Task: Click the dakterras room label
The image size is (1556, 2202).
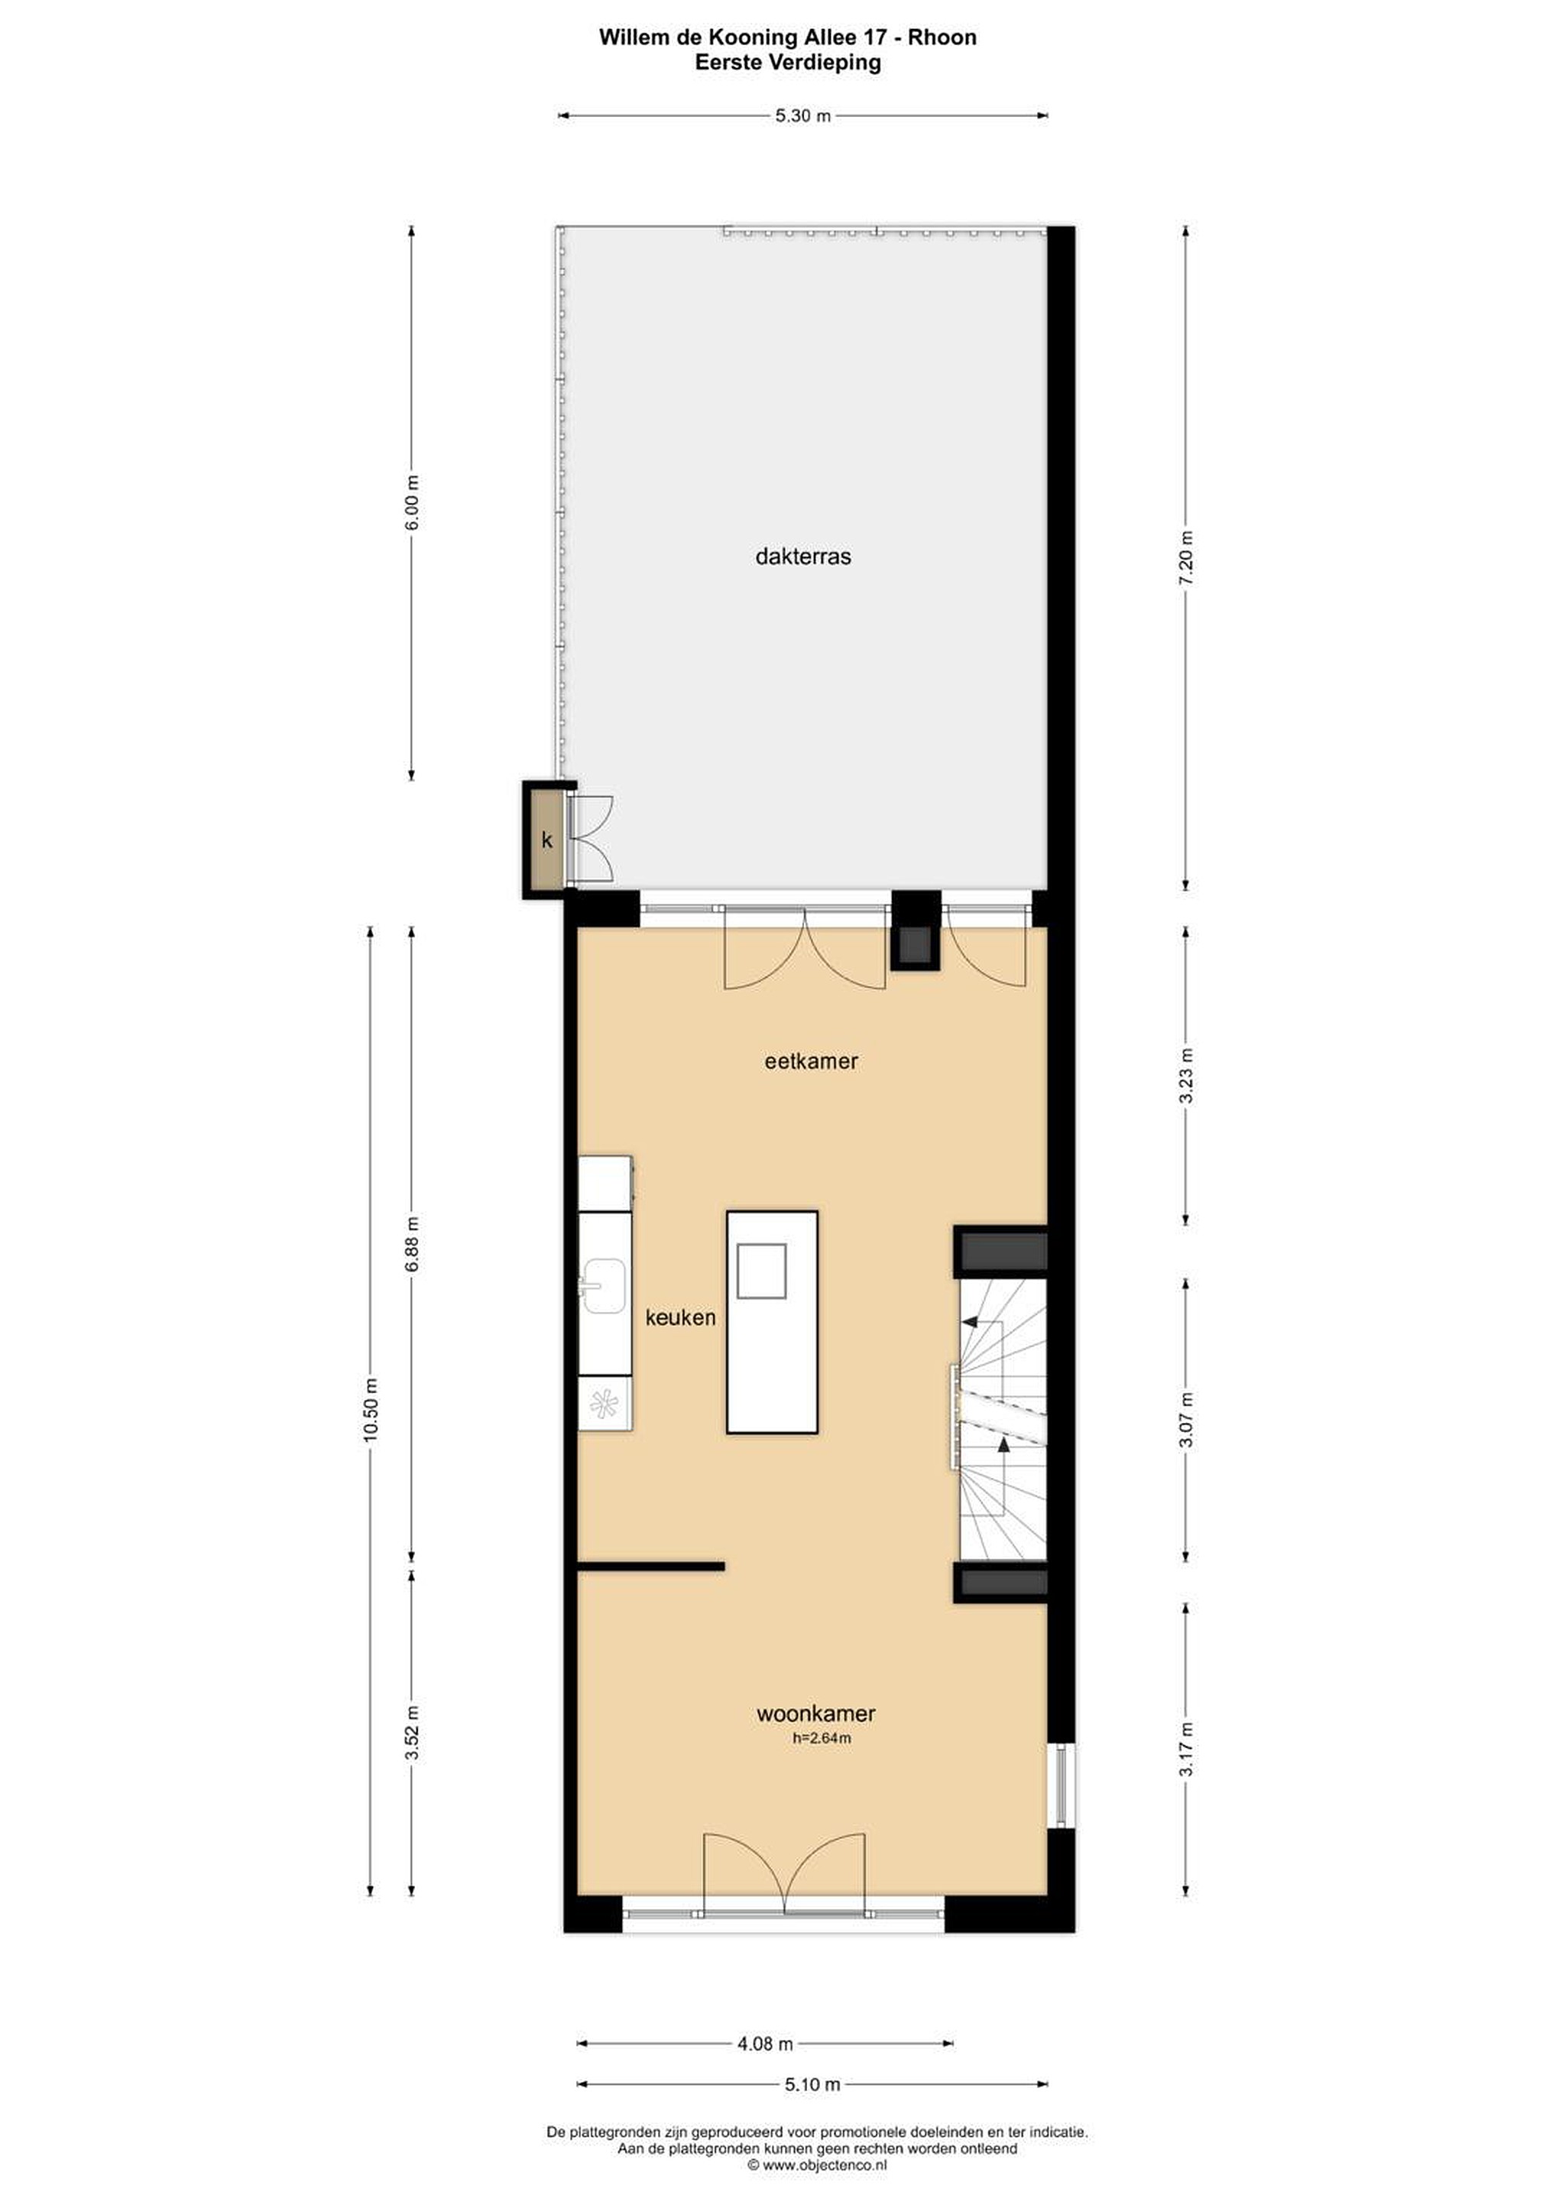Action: coord(802,557)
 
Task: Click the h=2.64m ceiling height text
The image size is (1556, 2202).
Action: coord(822,1737)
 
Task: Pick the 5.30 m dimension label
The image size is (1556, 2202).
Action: coord(802,116)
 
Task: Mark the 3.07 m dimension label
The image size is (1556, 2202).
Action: coord(1186,1421)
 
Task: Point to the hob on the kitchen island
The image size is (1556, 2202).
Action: coord(761,1272)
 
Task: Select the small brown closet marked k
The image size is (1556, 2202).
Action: coord(546,840)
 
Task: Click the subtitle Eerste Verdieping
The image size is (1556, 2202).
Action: coord(787,63)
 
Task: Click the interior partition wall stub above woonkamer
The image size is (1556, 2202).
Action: coord(651,1566)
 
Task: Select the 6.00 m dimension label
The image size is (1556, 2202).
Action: coord(412,502)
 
